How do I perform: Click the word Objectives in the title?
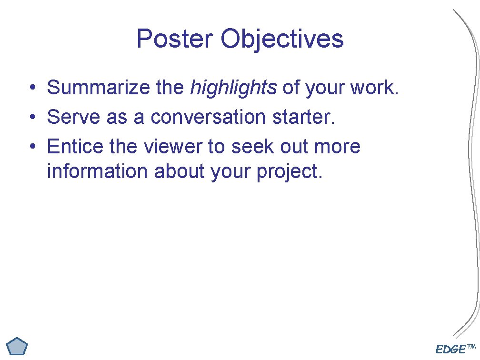pyautogui.click(x=281, y=39)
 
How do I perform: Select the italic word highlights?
pyautogui.click(x=233, y=88)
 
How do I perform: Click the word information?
pyautogui.click(x=97, y=171)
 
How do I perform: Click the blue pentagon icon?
pyautogui.click(x=18, y=346)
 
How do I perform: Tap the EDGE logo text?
pyautogui.click(x=451, y=350)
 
